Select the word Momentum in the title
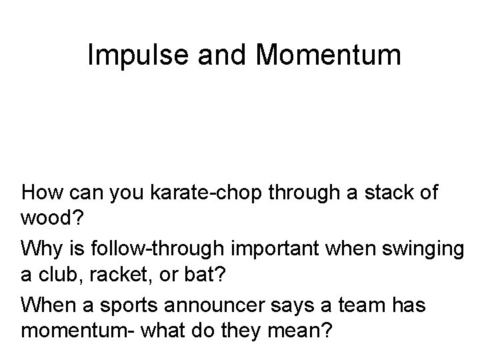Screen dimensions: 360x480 pyautogui.click(x=329, y=57)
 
